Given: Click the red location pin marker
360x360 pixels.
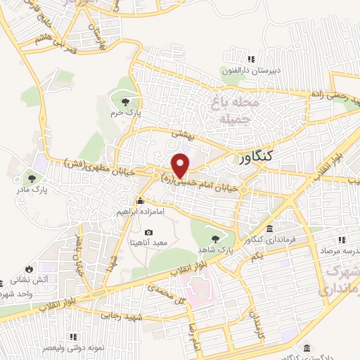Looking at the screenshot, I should coord(181,165).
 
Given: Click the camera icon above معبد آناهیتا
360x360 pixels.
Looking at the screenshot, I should coord(148,233).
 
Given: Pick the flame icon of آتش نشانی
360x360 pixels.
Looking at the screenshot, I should coord(28,269).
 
